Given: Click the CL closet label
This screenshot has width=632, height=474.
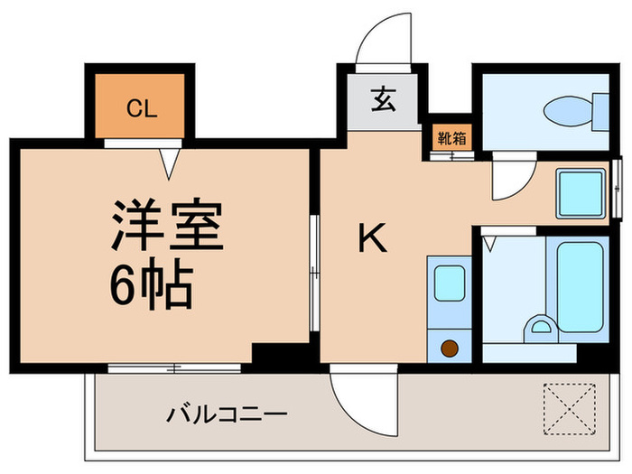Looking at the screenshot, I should (x=142, y=110).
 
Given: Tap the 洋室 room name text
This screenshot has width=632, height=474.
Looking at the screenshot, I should (x=167, y=226).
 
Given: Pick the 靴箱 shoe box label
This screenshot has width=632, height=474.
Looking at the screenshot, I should (x=451, y=138).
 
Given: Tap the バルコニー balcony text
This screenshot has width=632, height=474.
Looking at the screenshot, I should (x=227, y=414).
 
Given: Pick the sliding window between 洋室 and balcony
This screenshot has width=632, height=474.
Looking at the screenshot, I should (x=174, y=367).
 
